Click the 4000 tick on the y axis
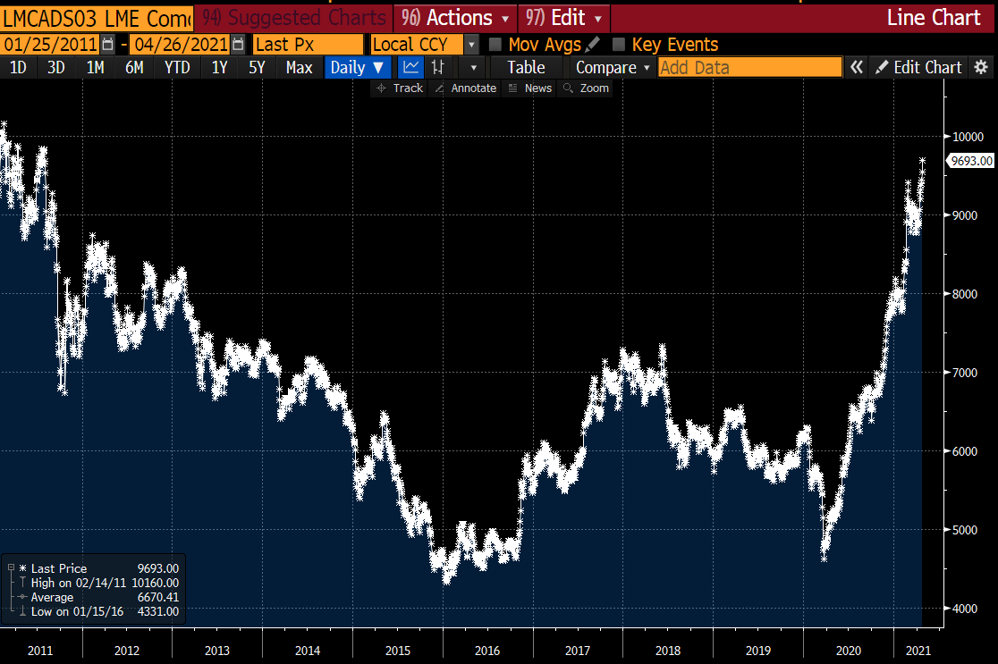965,609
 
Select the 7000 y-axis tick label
965,373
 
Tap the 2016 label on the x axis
488,650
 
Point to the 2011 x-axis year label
40,650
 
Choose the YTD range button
177,67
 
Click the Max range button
299,67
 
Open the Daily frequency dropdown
358,67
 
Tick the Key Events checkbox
619,45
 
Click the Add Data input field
749,67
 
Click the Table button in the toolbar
526,67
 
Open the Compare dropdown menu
612,67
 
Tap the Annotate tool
465,88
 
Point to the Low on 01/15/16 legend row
94,611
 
